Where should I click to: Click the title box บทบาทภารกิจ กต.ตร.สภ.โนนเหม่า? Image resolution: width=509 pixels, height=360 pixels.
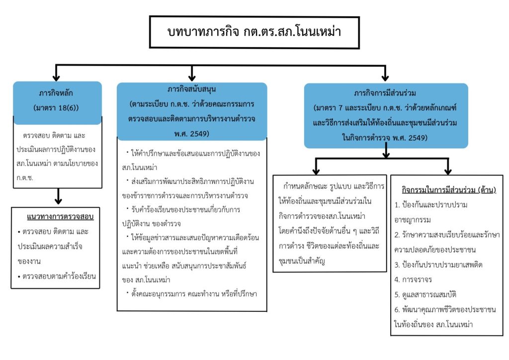[x=254, y=32]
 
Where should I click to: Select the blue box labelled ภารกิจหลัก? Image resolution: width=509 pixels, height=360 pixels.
[x=57, y=99]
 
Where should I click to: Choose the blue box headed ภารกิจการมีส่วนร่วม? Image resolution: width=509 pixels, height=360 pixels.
[x=386, y=115]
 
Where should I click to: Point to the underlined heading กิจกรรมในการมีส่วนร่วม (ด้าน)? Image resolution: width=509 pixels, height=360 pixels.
[x=448, y=190]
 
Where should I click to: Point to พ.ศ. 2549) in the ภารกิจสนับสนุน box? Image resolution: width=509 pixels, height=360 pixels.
[x=191, y=133]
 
